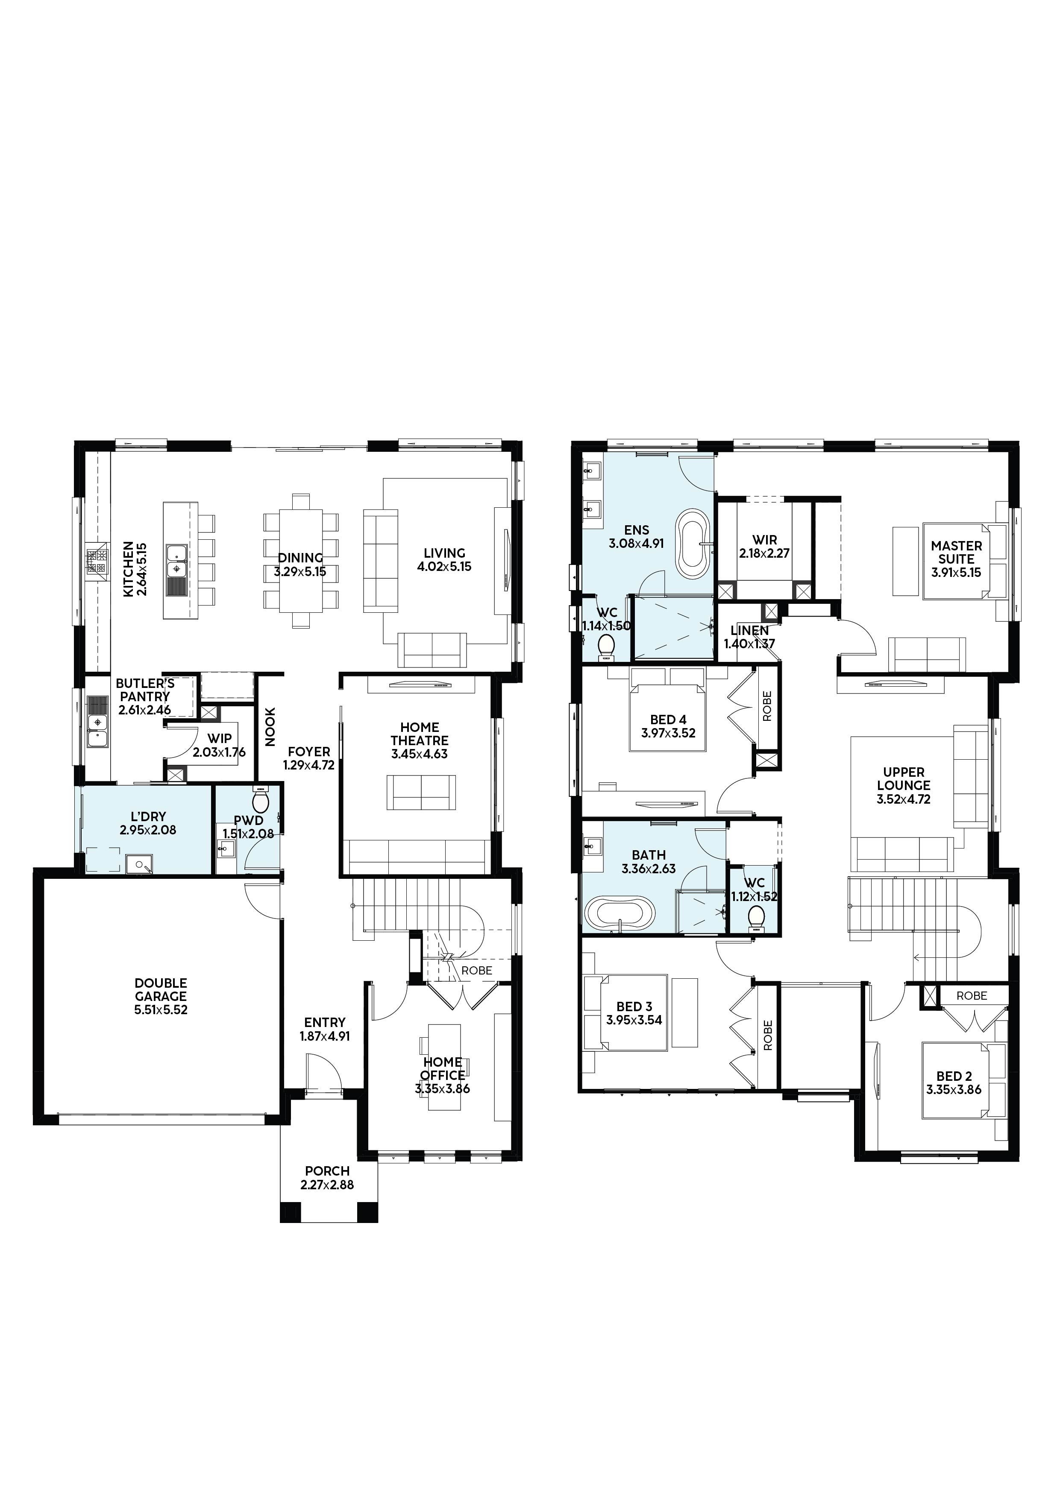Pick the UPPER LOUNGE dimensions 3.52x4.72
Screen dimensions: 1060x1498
903,799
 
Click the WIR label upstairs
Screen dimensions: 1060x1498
765,540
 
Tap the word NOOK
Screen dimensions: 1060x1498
270,727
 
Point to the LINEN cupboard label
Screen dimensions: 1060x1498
749,631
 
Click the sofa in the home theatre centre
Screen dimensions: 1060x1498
421,792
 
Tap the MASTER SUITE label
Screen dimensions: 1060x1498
956,552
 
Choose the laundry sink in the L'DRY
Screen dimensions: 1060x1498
139,864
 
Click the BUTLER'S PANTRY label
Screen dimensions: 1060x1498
145,690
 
